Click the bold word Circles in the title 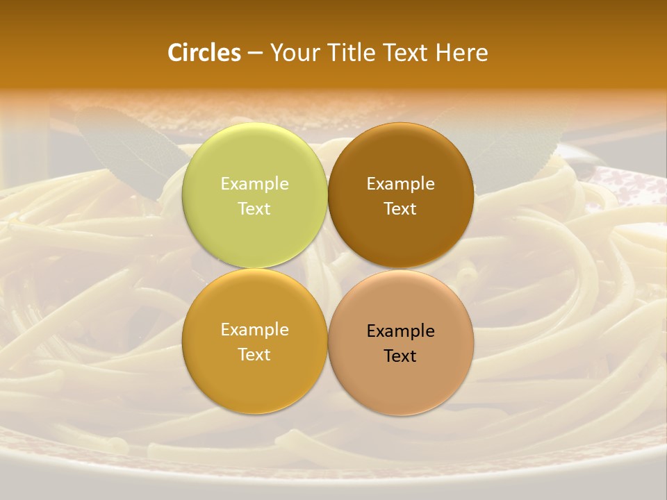pos(204,53)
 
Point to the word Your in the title pos(293,53)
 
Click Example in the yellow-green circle pos(254,183)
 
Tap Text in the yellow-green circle pos(254,208)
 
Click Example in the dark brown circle pos(401,183)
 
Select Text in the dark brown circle pos(401,208)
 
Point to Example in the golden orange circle pos(254,330)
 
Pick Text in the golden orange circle pos(254,354)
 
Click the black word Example pos(401,331)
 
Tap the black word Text pos(401,356)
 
